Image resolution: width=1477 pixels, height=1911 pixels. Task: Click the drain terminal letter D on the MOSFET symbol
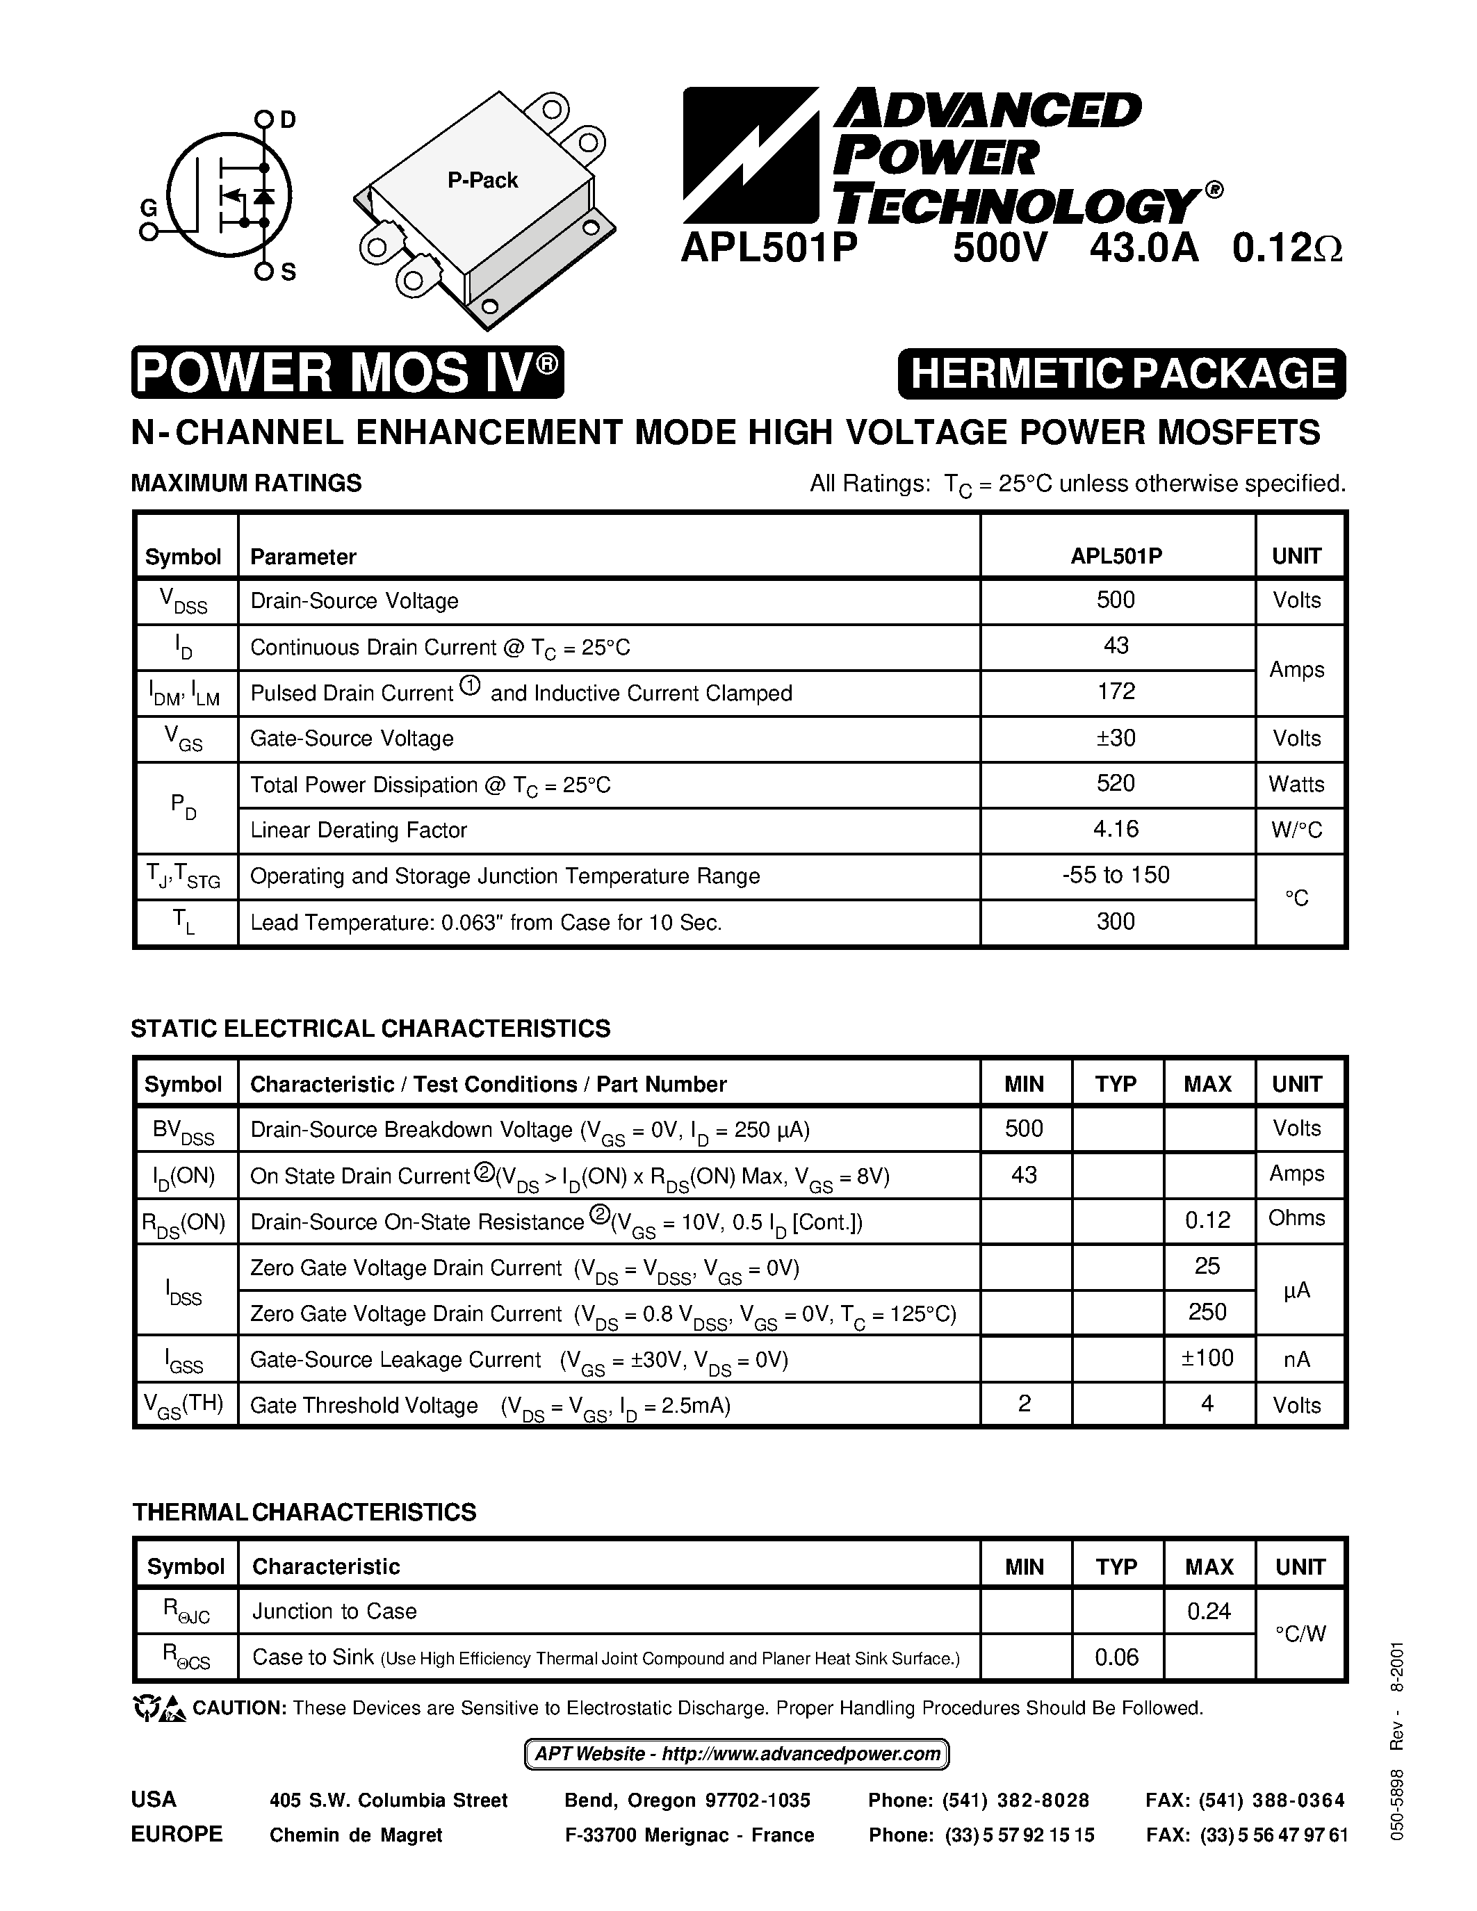tap(288, 120)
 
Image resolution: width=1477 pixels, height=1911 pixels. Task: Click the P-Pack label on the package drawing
tap(482, 180)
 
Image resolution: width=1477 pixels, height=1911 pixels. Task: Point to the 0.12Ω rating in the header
tap(1287, 249)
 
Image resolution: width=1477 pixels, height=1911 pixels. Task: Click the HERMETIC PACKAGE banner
tap(1122, 374)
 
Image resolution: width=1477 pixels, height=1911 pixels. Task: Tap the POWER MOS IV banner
tap(348, 372)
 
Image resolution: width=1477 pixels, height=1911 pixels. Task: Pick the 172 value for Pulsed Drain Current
tap(1116, 692)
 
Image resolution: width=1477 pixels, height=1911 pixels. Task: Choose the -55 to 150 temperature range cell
tap(1116, 876)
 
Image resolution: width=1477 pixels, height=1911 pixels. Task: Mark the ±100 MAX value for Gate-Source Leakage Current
tap(1207, 1359)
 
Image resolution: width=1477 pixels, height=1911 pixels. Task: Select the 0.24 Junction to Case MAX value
tap(1209, 1611)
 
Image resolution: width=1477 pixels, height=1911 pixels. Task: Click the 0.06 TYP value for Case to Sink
tap(1116, 1657)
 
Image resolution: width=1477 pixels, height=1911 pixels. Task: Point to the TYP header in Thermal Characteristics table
tap(1116, 1566)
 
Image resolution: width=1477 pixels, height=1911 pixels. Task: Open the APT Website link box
tap(737, 1755)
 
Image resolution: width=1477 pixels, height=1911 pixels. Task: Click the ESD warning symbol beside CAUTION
tap(158, 1707)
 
